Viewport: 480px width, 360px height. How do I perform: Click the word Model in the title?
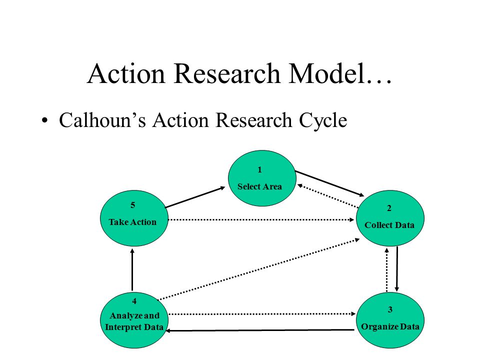click(327, 74)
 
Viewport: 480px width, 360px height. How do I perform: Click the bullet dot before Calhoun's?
click(44, 120)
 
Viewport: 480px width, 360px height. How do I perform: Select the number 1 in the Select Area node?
click(259, 169)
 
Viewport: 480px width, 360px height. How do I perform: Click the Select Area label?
click(259, 186)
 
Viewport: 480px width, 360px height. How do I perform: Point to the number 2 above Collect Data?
click(389, 208)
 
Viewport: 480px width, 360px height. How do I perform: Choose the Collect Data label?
click(389, 225)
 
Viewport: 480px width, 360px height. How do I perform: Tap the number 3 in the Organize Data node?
click(390, 309)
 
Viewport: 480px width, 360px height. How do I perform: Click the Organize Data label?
click(390, 326)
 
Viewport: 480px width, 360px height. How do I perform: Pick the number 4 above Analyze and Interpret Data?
click(134, 301)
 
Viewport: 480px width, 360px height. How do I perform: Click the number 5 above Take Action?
click(132, 205)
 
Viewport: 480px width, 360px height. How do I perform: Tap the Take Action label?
click(132, 222)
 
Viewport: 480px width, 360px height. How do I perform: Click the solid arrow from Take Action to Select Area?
click(195, 197)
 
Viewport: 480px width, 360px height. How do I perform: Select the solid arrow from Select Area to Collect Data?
click(329, 183)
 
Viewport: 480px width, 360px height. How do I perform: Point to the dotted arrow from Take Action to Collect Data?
click(261, 219)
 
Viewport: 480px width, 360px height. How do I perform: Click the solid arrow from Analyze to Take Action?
click(132, 269)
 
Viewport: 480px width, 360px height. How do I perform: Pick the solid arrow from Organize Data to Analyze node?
click(260, 330)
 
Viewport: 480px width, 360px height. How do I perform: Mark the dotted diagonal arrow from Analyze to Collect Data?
click(258, 269)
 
